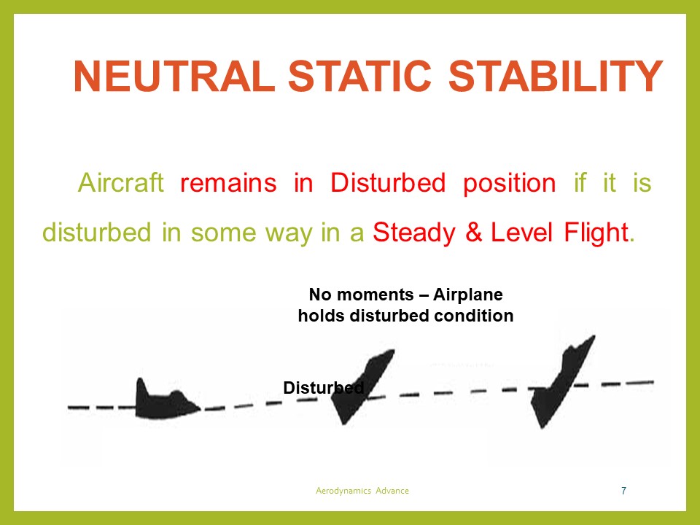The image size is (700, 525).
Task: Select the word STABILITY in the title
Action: tap(555, 78)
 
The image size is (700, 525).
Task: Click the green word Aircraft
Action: tap(121, 183)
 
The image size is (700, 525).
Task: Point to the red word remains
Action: tap(227, 183)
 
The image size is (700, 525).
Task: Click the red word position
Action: tap(509, 183)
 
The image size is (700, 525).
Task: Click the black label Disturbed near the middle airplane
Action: tap(322, 389)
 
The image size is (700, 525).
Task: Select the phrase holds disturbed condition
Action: tap(405, 316)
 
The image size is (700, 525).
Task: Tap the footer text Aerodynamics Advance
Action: tap(362, 491)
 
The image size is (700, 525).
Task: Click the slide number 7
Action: tap(623, 491)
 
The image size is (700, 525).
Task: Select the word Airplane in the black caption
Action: tap(468, 295)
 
